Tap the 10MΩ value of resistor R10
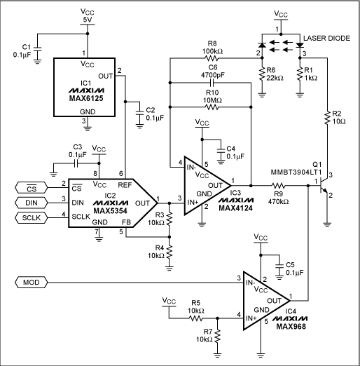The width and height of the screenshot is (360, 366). (x=209, y=99)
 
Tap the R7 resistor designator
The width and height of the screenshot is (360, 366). (x=205, y=330)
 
